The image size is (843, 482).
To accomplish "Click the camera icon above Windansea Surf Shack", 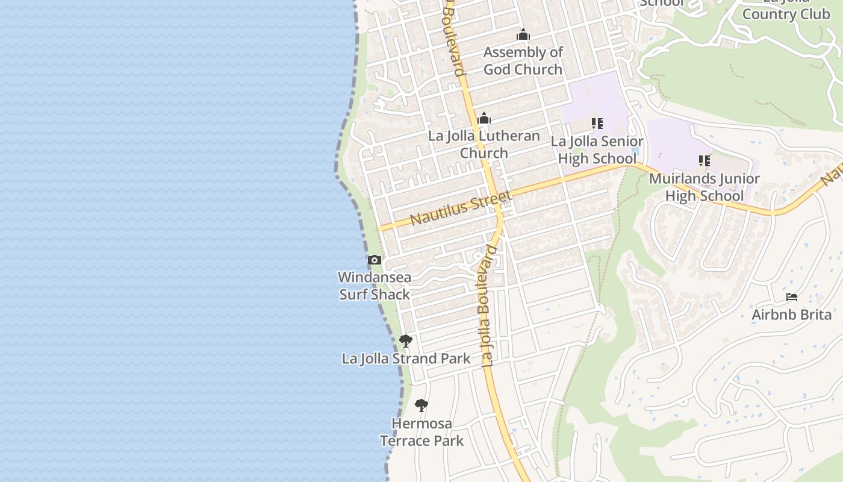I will (x=375, y=260).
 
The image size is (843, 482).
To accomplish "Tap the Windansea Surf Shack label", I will (x=375, y=286).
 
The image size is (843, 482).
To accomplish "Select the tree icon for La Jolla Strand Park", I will (x=406, y=341).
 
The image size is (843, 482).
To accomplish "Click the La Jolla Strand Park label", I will (x=406, y=358).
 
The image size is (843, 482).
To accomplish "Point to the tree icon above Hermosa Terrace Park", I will (x=421, y=405).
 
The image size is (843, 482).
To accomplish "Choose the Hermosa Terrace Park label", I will (x=421, y=432).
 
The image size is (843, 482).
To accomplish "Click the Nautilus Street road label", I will (x=461, y=207).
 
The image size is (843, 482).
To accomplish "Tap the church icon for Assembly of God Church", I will (x=523, y=35).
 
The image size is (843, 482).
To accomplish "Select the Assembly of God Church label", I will (x=523, y=61).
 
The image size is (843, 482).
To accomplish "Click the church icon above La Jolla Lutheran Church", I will (x=484, y=118).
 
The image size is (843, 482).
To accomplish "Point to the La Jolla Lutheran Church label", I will (x=484, y=144).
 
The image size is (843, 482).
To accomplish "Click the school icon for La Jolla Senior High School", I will (x=597, y=124).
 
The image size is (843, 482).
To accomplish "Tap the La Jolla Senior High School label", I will (x=597, y=150).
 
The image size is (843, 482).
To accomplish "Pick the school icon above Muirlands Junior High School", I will (x=705, y=161).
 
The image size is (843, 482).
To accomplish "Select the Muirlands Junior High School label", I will (x=705, y=187).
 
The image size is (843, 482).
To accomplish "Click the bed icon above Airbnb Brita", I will (x=792, y=297).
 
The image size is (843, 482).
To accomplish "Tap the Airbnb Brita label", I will (x=792, y=315).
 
